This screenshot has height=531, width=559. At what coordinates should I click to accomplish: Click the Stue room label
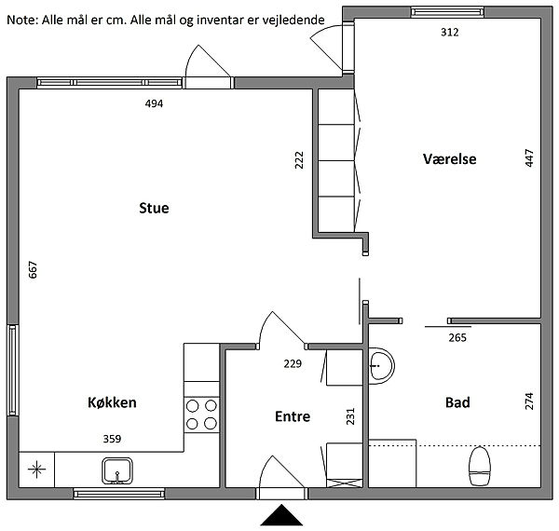(154, 208)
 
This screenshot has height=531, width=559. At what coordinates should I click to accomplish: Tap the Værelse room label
(450, 159)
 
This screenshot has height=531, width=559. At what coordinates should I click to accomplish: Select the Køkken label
(112, 402)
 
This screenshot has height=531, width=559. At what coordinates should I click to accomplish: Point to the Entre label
(293, 416)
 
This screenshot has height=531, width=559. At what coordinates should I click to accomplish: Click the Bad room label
(457, 402)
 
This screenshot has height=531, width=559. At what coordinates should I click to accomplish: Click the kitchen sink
(117, 470)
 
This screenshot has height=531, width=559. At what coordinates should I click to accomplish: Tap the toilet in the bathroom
(480, 466)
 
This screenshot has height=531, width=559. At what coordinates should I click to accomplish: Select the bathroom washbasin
(381, 366)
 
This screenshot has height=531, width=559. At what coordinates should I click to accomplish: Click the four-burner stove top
(201, 415)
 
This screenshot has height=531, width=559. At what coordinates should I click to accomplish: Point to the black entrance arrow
(281, 515)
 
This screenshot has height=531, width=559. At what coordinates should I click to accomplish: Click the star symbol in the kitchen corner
(36, 470)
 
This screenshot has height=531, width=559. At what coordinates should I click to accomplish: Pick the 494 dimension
(154, 103)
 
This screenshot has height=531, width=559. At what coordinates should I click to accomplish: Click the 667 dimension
(33, 270)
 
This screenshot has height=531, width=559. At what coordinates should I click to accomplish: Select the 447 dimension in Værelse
(529, 157)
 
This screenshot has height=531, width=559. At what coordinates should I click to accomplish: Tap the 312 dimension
(450, 33)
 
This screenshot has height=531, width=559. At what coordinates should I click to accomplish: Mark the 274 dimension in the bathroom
(529, 402)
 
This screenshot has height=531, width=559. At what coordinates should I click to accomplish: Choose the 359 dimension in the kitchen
(112, 439)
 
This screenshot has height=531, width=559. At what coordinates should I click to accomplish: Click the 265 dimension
(457, 337)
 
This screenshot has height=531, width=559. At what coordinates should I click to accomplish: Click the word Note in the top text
(22, 20)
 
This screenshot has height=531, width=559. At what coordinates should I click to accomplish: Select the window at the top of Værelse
(447, 12)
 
